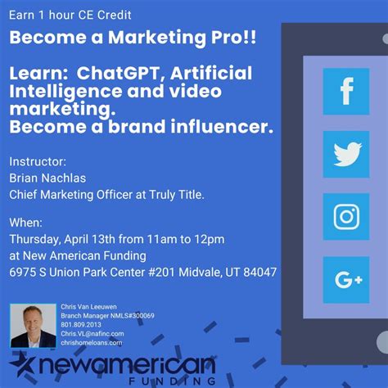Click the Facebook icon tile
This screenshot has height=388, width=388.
coord(345,91)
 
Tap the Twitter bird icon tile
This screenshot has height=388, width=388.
coord(345,153)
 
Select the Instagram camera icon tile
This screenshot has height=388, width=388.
coord(345,216)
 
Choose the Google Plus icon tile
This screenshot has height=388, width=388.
coord(345,279)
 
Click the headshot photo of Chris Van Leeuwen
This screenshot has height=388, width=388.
coord(33,326)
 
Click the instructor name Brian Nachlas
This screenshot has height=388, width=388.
coord(48,178)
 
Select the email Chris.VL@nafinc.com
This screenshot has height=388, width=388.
coord(92,334)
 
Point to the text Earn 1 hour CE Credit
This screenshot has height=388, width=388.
coord(70,16)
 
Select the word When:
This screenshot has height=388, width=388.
coord(26,223)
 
